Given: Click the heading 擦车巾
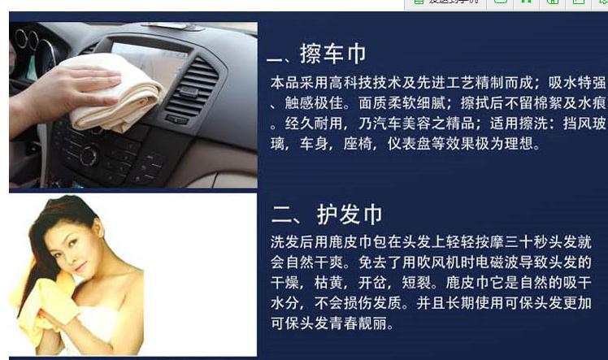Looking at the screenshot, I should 333,54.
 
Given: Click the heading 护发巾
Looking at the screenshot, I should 350,215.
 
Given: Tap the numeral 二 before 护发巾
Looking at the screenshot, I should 285,215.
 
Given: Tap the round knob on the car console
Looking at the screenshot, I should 89,154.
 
